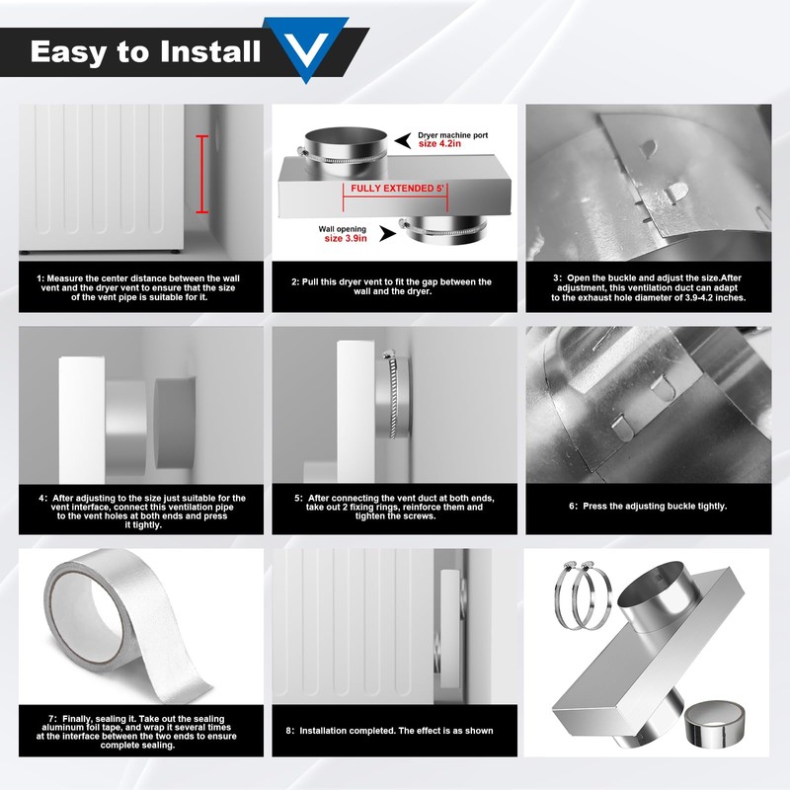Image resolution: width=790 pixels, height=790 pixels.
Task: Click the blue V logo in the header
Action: point(306,47)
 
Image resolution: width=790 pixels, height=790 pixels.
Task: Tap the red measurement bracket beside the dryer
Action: point(202,174)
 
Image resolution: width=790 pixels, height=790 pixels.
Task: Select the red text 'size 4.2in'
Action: point(439,144)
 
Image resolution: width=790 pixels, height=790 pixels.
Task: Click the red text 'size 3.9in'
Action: point(346,238)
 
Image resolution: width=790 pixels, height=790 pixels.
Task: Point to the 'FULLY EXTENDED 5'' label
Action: point(398,189)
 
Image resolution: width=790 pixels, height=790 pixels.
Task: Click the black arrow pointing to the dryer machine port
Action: point(403,140)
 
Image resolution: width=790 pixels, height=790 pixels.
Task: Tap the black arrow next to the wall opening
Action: point(387,233)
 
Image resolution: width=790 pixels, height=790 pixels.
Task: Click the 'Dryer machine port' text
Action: point(453,135)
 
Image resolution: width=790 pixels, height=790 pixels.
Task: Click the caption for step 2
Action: point(391,286)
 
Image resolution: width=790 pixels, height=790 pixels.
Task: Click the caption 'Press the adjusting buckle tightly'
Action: point(655,506)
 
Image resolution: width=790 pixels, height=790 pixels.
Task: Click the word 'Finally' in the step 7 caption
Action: point(78,719)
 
